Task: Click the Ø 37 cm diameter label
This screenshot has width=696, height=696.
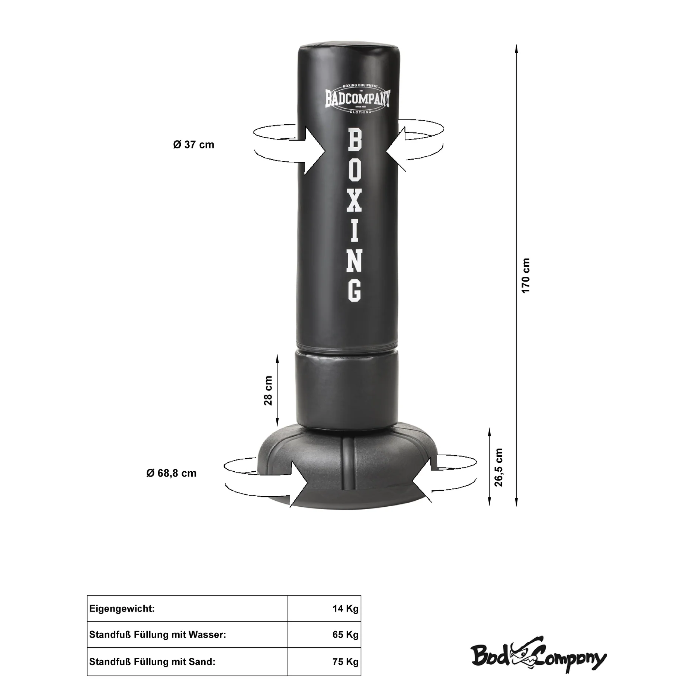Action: pyautogui.click(x=193, y=144)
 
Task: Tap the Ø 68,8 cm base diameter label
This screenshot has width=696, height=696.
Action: pyautogui.click(x=171, y=473)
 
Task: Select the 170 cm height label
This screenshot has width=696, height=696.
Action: pyautogui.click(x=525, y=276)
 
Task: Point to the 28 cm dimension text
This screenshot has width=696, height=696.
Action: pyautogui.click(x=268, y=390)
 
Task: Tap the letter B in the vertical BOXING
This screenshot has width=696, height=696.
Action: pyautogui.click(x=355, y=139)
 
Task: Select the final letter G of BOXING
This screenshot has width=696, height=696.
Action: pyautogui.click(x=355, y=290)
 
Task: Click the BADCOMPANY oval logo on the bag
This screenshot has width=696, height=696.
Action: pyautogui.click(x=358, y=99)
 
